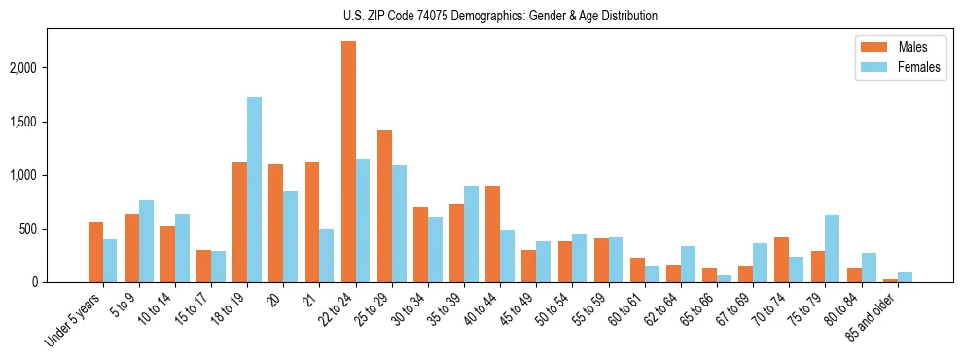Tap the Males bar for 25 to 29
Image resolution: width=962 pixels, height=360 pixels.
(384, 206)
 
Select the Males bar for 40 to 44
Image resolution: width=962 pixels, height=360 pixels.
(492, 234)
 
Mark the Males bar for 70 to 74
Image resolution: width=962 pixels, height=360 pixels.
(781, 260)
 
